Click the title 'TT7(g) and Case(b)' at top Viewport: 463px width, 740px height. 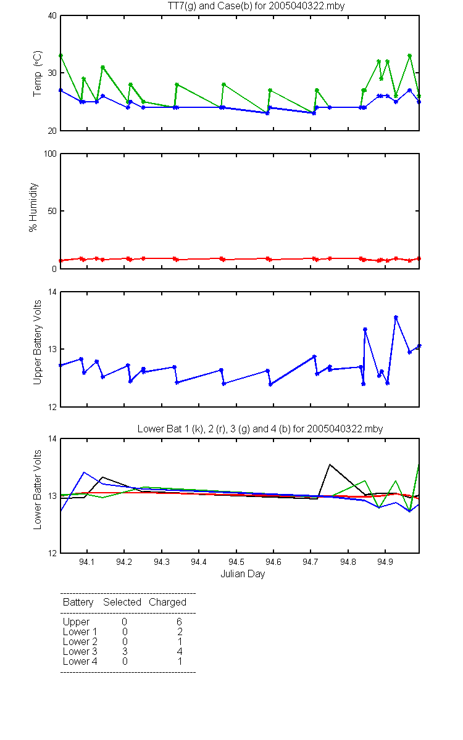click(210, 6)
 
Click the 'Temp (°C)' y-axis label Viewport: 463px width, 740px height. click(38, 73)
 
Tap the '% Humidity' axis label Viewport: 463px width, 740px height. click(33, 207)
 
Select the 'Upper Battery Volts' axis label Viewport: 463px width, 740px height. click(38, 342)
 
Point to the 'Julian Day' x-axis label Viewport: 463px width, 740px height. click(243, 574)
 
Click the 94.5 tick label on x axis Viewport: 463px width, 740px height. click(236, 562)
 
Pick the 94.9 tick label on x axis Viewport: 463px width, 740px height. click(385, 562)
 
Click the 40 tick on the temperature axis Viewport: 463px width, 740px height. click(52, 16)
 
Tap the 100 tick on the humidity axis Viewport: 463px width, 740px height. click(50, 154)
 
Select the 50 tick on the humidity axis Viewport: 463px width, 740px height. click(52, 211)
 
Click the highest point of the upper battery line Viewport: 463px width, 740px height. click(396, 317)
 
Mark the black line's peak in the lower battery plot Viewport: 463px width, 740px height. click(330, 464)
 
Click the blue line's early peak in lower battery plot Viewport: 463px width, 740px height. click(84, 472)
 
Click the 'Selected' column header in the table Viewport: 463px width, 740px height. click(122, 602)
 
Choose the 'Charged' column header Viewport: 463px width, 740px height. click(167, 602)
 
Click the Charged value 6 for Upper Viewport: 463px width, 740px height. click(179, 622)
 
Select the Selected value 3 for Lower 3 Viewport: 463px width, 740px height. click(125, 651)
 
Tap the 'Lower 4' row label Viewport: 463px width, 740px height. click(80, 661)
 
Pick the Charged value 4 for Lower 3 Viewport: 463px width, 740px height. click(180, 651)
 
